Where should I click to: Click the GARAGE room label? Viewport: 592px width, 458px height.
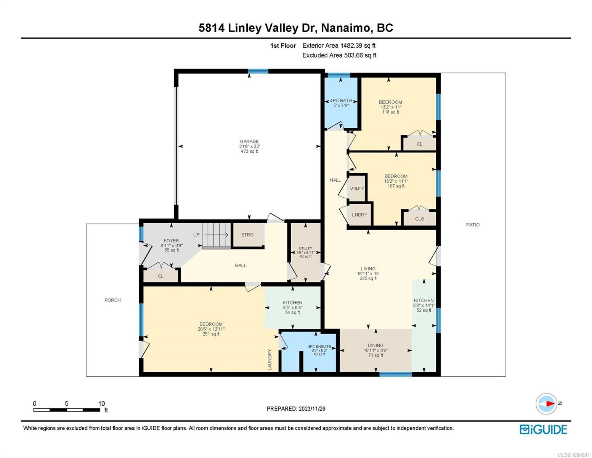[249, 142]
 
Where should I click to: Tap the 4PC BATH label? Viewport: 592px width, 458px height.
[341, 101]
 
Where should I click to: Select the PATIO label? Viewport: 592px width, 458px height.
[473, 225]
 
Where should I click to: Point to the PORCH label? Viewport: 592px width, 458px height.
[112, 300]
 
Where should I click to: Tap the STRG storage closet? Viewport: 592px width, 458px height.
[247, 235]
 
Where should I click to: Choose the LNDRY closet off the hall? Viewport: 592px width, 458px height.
[359, 215]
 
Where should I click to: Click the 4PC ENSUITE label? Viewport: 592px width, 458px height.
[319, 347]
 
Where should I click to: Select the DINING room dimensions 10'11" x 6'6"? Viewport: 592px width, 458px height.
[375, 350]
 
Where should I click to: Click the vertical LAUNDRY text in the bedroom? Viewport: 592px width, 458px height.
[270, 360]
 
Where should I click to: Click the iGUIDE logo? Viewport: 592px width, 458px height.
[543, 429]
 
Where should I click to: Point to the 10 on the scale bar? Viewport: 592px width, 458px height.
[101, 403]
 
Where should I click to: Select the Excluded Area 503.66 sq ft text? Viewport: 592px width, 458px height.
[339, 55]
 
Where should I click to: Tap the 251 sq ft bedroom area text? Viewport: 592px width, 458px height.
[211, 334]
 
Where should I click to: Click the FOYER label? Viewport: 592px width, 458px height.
[171, 241]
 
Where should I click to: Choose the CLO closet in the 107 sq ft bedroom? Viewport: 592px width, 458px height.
[419, 219]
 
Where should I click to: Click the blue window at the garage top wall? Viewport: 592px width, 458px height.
[258, 71]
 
